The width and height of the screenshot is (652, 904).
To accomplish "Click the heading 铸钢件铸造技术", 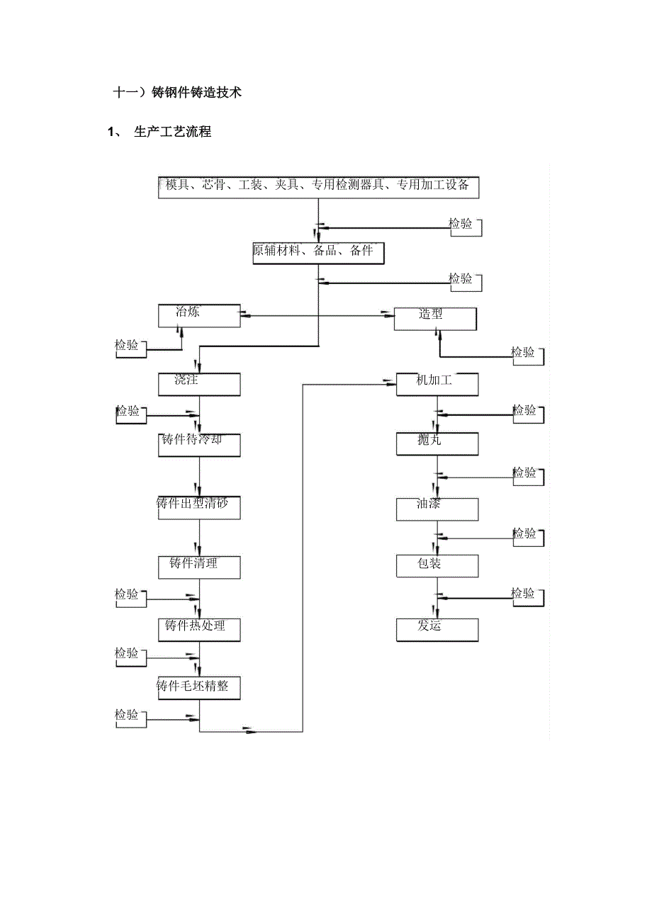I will click(178, 93).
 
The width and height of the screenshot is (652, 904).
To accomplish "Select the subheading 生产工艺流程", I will click(172, 132).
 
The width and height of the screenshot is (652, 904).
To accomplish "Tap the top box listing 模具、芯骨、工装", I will click(318, 187).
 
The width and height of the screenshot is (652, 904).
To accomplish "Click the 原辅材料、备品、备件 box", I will click(317, 253).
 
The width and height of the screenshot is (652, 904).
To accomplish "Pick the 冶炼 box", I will click(199, 315).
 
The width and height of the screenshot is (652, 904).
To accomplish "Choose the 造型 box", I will click(435, 318).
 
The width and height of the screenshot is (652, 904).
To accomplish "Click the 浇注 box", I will click(199, 384).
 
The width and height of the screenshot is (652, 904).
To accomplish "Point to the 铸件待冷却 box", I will click(199, 444).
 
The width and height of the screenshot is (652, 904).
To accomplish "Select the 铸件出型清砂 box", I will click(199, 507).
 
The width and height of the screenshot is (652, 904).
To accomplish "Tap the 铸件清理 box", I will click(199, 567).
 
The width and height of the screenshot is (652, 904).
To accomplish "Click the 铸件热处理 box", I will click(199, 628).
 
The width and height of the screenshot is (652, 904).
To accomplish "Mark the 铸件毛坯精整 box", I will click(199, 688).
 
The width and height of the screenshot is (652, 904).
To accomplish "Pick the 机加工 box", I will click(437, 384).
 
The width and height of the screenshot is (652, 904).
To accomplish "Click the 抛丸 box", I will click(437, 444).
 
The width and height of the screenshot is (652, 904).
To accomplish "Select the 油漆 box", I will click(437, 507).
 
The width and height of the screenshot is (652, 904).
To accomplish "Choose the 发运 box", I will click(437, 629).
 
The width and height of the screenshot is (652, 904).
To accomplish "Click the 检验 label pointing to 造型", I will click(524, 353).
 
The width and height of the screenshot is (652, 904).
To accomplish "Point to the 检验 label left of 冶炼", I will click(128, 346).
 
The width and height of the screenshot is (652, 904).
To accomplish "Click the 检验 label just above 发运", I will click(524, 594).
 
